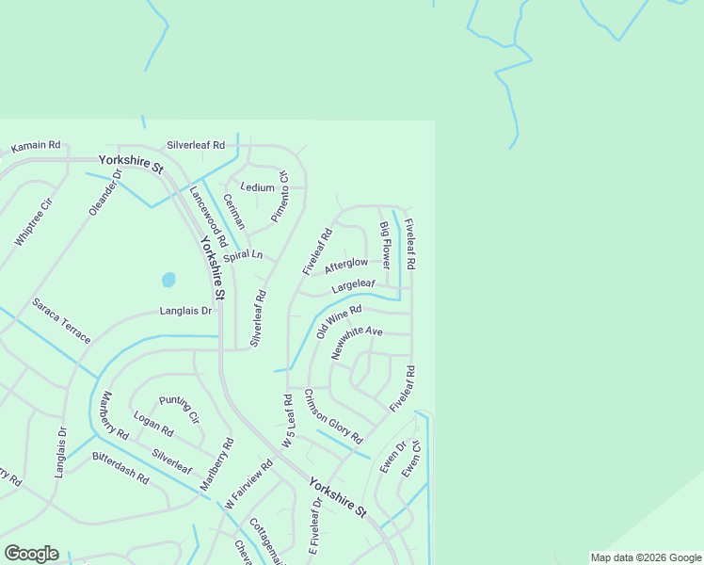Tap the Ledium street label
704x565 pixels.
point(257,187)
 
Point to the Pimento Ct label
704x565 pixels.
point(280,197)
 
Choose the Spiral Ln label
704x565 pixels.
point(243,256)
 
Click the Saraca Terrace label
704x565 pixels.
point(61,320)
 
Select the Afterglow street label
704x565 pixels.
point(346,266)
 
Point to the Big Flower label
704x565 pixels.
point(384,242)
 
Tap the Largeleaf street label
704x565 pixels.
point(353,284)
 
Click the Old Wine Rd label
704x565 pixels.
point(339,321)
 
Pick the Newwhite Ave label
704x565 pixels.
point(357,343)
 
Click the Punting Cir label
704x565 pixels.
point(179,410)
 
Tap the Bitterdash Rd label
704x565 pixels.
point(120,467)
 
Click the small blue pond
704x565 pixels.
point(168,280)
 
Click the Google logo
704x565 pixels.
point(31,554)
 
